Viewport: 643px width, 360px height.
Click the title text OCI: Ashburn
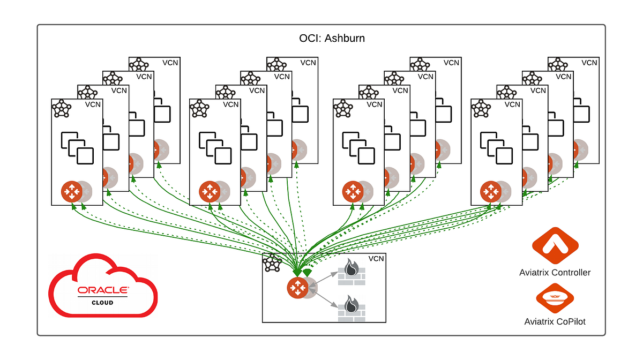(332, 39)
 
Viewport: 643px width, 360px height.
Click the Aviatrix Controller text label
(555, 273)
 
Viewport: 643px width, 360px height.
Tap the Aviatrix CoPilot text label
(555, 321)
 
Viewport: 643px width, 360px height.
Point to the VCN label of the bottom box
(376, 259)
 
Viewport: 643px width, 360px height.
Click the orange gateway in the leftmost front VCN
(71, 191)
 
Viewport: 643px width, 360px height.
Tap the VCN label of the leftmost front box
(93, 104)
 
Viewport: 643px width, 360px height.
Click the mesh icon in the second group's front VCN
(200, 108)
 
